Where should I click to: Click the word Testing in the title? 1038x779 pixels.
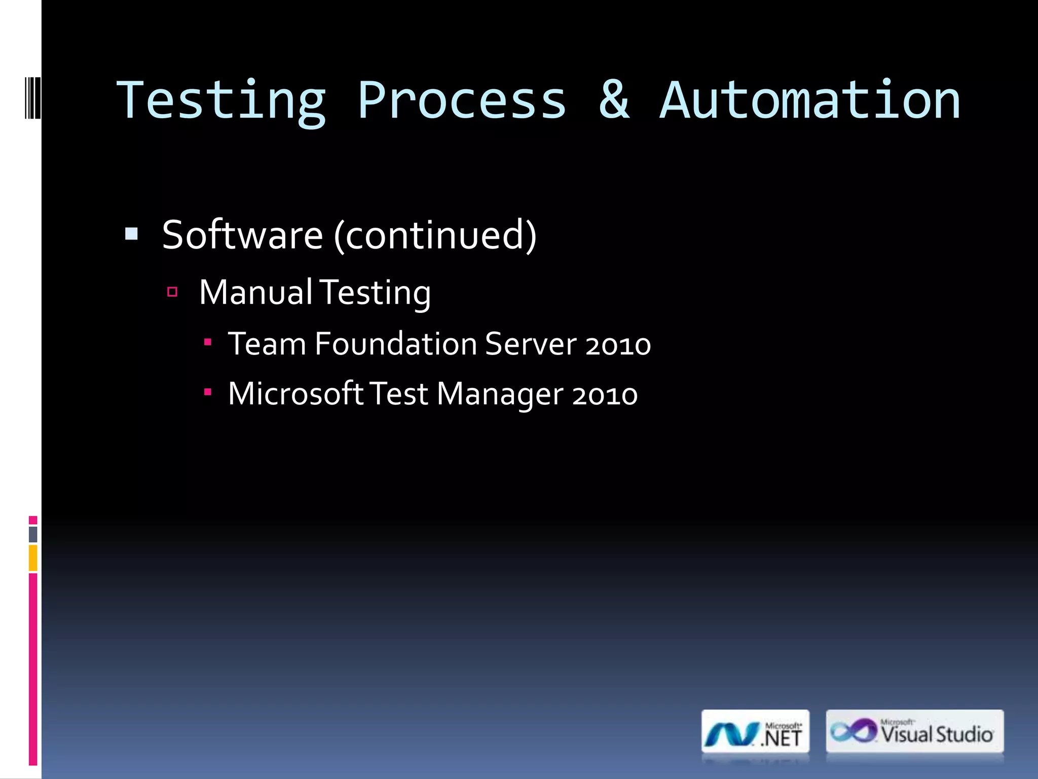point(221,101)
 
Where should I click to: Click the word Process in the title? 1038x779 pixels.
point(461,101)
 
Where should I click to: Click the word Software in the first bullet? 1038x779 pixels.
point(242,235)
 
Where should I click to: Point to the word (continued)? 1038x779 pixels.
point(435,235)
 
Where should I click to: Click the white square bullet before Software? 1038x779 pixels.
point(131,234)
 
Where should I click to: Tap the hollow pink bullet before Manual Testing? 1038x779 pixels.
point(172,292)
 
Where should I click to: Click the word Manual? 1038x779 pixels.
point(255,293)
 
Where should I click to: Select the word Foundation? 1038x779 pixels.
point(395,344)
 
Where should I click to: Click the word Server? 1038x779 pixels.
point(530,344)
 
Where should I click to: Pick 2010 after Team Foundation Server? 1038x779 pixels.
point(618,345)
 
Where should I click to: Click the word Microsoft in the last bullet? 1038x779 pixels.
point(295,394)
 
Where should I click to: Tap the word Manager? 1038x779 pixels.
point(500,395)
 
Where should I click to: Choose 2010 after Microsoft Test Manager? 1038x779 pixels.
point(605,395)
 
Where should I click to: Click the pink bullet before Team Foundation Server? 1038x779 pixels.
point(207,342)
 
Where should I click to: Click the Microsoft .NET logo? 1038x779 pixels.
point(755,732)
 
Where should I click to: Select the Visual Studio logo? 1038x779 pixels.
point(914,731)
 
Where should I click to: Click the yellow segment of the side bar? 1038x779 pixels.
point(33,558)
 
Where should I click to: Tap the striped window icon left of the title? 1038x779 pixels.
point(32,98)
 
